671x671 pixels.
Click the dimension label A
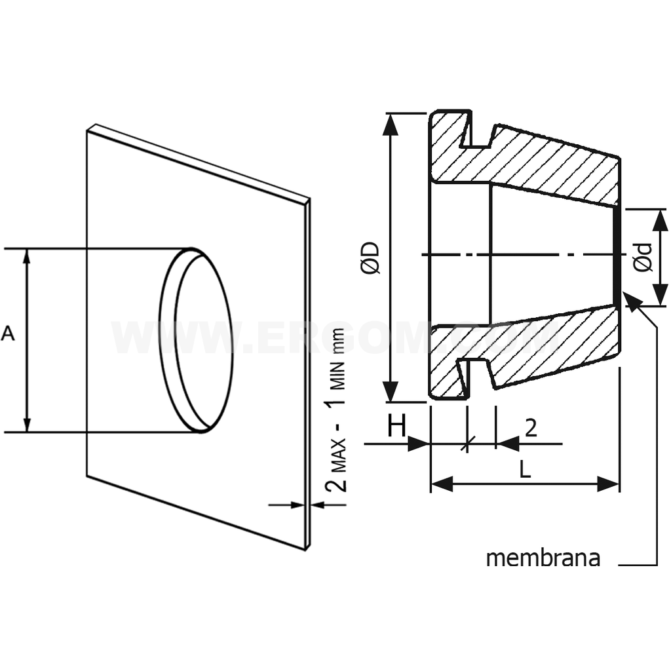9,334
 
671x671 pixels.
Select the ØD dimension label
371,257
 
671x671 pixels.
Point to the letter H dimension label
396,427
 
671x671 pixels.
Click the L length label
525,469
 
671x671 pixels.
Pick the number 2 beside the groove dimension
531,428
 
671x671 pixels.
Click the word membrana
543,558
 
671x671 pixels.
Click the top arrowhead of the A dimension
27,256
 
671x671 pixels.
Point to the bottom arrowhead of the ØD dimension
391,393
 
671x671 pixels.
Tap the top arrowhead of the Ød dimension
661,218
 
